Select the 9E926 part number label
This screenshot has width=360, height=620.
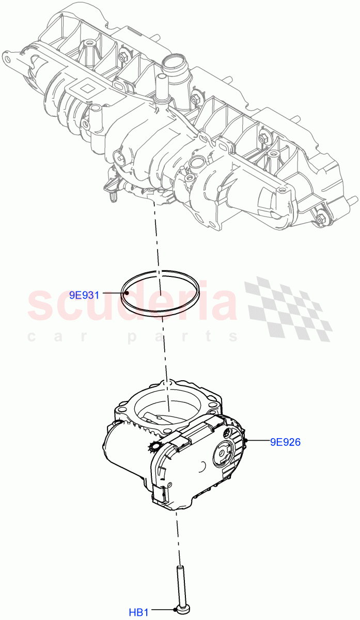(285, 442)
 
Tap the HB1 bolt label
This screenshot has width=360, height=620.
(138, 613)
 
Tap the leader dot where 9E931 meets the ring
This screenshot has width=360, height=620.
(127, 293)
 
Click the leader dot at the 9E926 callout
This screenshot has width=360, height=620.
(248, 440)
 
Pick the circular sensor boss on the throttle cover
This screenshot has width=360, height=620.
(225, 452)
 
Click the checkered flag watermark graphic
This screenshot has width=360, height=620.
(289, 307)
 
